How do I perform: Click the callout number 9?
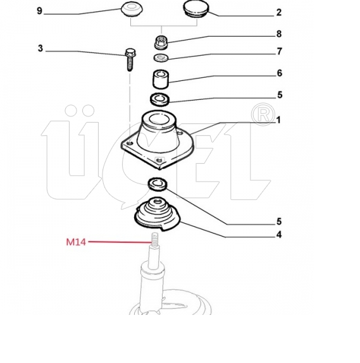click(x=40, y=11)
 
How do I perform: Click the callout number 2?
click(x=278, y=12)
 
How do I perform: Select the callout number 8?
click(x=279, y=34)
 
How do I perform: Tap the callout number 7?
click(x=280, y=51)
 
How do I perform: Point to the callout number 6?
click(x=280, y=73)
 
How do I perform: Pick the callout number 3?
click(x=40, y=49)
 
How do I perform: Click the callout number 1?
click(x=278, y=120)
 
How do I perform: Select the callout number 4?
click(x=279, y=235)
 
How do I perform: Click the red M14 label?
click(x=76, y=242)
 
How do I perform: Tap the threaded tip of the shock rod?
click(x=154, y=239)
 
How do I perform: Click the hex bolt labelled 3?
click(x=130, y=59)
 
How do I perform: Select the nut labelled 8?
click(x=161, y=42)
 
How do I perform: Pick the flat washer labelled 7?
click(x=161, y=58)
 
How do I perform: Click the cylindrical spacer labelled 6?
click(x=161, y=80)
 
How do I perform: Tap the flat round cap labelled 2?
click(x=196, y=9)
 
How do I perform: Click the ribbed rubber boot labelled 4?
click(x=158, y=214)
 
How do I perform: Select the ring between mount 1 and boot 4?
click(x=158, y=184)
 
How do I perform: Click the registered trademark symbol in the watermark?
click(x=263, y=114)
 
